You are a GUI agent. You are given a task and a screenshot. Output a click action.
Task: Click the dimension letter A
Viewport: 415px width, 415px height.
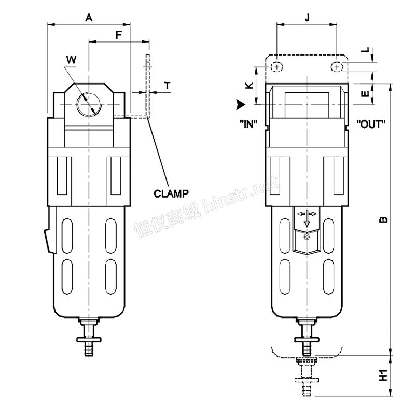point(89,18)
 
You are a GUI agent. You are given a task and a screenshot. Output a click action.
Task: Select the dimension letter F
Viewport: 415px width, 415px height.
point(119,35)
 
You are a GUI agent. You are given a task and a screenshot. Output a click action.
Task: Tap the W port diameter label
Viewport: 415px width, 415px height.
point(71,60)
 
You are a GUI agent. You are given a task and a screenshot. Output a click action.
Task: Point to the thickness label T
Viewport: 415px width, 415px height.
point(167,86)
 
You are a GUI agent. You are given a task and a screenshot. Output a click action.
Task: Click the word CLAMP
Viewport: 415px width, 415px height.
point(171,193)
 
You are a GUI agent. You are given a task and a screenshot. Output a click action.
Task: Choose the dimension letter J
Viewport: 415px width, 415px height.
point(307,18)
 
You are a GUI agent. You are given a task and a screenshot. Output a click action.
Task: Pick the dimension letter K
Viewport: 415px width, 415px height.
point(250,85)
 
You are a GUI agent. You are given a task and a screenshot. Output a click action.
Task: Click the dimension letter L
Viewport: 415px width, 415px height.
point(365,50)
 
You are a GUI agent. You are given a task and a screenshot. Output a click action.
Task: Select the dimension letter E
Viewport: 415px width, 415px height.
point(366,94)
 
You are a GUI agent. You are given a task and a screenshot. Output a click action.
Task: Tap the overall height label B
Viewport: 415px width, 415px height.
point(383,219)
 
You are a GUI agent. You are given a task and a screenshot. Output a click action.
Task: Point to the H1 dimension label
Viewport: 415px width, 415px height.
point(383,375)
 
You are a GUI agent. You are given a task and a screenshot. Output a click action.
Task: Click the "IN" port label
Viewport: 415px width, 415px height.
point(248,124)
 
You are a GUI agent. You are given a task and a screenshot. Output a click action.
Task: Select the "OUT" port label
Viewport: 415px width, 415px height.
point(371,124)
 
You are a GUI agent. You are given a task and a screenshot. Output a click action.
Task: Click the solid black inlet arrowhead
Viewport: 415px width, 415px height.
point(241,105)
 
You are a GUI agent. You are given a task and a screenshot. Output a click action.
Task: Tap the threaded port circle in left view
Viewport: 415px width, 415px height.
point(89,105)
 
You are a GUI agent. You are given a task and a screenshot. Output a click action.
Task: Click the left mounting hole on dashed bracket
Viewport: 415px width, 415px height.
point(277,67)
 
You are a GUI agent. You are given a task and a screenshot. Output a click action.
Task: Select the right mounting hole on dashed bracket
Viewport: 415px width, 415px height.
point(337,67)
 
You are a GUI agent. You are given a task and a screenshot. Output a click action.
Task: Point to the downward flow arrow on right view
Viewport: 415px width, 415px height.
point(307,218)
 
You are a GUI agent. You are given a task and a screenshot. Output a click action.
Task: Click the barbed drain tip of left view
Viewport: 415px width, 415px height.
point(89,349)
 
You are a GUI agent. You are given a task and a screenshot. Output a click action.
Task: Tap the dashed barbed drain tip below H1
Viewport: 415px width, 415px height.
point(307,389)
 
